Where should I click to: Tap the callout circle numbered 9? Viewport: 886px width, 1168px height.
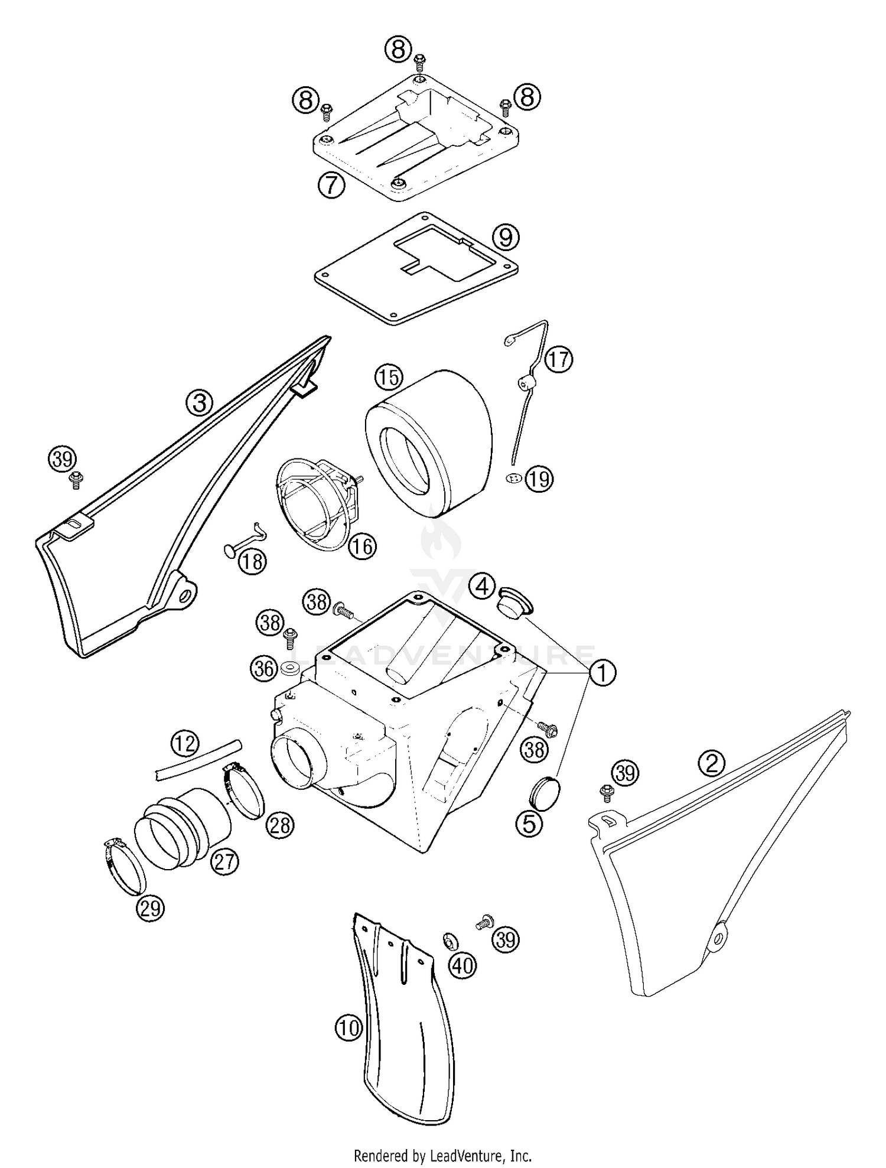coord(506,237)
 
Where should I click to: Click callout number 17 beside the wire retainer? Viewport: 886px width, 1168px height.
coord(558,359)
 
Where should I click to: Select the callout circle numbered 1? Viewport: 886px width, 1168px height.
coord(602,673)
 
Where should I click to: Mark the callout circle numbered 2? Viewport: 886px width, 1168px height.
coord(711,764)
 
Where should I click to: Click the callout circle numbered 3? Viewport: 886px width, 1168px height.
coord(200,403)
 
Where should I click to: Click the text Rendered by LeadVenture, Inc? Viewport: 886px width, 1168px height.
coord(442,1154)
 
